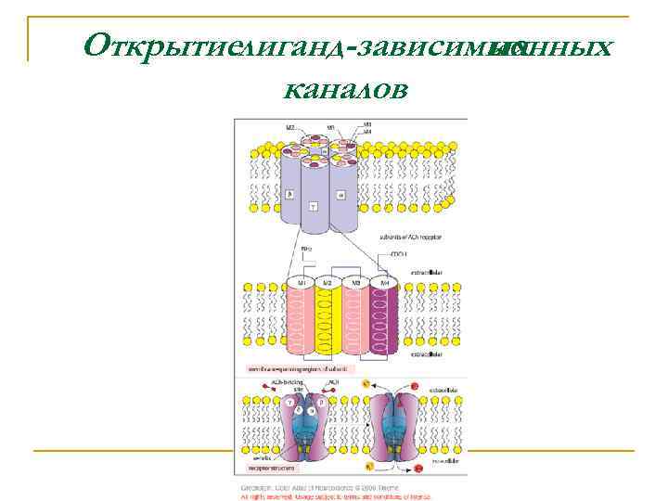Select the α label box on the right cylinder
coord(341,195)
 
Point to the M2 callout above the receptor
coord(289,128)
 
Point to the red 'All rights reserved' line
coord(334,495)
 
